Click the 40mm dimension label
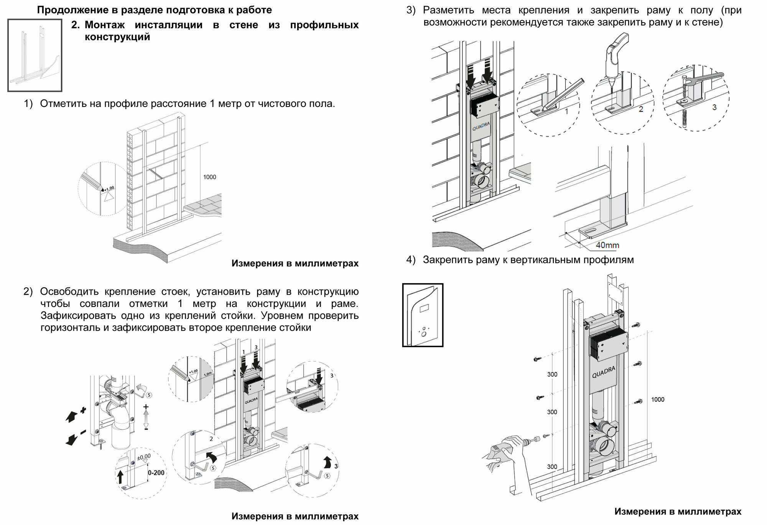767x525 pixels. (x=607, y=245)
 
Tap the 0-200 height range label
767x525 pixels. (x=156, y=473)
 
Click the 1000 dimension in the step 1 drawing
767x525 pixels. (x=209, y=177)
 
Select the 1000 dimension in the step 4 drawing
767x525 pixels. (x=657, y=399)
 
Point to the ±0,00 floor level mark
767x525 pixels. (x=144, y=457)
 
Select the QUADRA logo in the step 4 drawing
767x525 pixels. (x=603, y=372)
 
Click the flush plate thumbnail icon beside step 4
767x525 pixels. (x=423, y=315)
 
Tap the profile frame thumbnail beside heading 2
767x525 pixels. (x=35, y=55)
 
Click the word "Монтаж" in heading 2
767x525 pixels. (x=105, y=25)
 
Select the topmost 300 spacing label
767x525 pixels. (x=552, y=374)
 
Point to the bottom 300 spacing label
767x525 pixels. (x=552, y=467)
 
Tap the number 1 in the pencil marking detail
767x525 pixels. (x=566, y=112)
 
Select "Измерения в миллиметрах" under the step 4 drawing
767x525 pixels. (x=678, y=512)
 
